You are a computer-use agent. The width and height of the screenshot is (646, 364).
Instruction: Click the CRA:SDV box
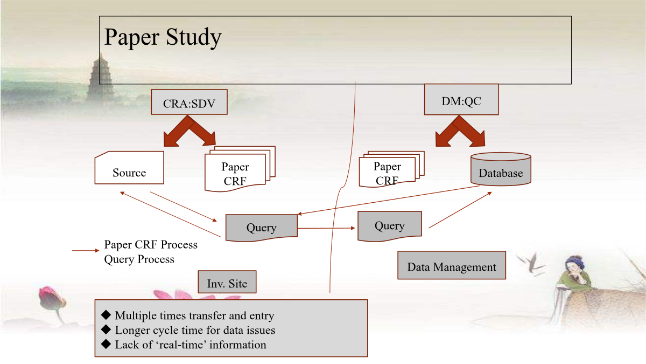pyautogui.click(x=189, y=102)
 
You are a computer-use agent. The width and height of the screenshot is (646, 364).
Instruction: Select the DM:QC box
pyautogui.click(x=461, y=99)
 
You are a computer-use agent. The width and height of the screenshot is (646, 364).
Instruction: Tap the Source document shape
pyautogui.click(x=129, y=168)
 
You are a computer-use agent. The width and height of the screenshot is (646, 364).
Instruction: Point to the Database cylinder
pyautogui.click(x=501, y=169)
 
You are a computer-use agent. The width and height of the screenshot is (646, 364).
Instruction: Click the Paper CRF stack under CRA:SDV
pyautogui.click(x=240, y=169)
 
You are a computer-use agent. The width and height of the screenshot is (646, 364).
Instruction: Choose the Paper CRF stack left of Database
pyautogui.click(x=391, y=169)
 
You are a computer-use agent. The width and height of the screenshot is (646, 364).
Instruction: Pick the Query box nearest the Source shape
pyautogui.click(x=261, y=228)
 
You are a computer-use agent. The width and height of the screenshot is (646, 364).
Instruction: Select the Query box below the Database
pyautogui.click(x=390, y=226)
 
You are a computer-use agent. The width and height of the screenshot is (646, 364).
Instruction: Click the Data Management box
pyautogui.click(x=452, y=265)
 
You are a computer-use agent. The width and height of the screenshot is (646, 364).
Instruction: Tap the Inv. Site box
pyautogui.click(x=227, y=282)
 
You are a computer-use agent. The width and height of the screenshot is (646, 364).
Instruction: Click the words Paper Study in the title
pyautogui.click(x=163, y=37)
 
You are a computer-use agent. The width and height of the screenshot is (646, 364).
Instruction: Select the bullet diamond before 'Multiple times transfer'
pyautogui.click(x=106, y=315)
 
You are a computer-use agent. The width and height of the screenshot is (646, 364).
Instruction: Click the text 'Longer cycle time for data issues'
pyautogui.click(x=195, y=330)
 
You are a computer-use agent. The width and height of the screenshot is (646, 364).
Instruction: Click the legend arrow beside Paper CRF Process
pyautogui.click(x=86, y=250)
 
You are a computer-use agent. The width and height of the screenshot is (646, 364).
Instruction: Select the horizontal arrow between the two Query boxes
pyautogui.click(x=326, y=228)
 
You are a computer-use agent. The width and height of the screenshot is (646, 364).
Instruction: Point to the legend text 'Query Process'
pyautogui.click(x=139, y=259)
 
